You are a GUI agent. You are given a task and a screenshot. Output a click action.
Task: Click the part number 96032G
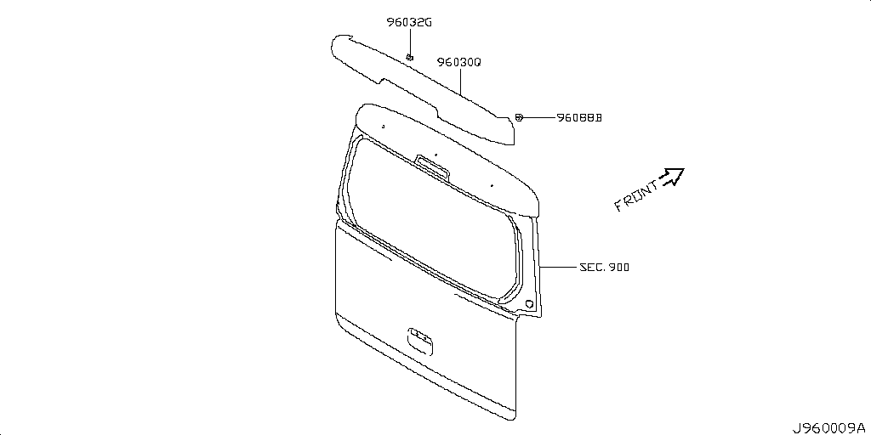(x=409, y=23)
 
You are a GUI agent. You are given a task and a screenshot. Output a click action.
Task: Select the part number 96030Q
(x=458, y=63)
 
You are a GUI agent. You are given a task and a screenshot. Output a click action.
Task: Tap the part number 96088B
(x=580, y=117)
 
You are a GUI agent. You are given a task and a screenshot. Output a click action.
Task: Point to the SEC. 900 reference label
(x=605, y=268)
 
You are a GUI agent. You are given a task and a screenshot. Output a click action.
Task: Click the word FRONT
(x=636, y=196)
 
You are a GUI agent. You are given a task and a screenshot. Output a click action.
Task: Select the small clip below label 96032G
(x=410, y=57)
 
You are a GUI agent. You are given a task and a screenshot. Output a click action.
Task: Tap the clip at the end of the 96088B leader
(x=518, y=117)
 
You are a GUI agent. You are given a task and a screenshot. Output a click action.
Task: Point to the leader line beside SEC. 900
(x=558, y=268)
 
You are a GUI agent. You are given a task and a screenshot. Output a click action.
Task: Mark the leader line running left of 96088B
(x=538, y=117)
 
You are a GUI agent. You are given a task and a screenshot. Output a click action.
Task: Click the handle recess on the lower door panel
(x=420, y=340)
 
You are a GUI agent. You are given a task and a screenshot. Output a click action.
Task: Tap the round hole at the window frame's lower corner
(x=529, y=304)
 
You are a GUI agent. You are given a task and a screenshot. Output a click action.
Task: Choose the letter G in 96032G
(x=429, y=23)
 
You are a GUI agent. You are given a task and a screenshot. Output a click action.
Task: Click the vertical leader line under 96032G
(x=410, y=41)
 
